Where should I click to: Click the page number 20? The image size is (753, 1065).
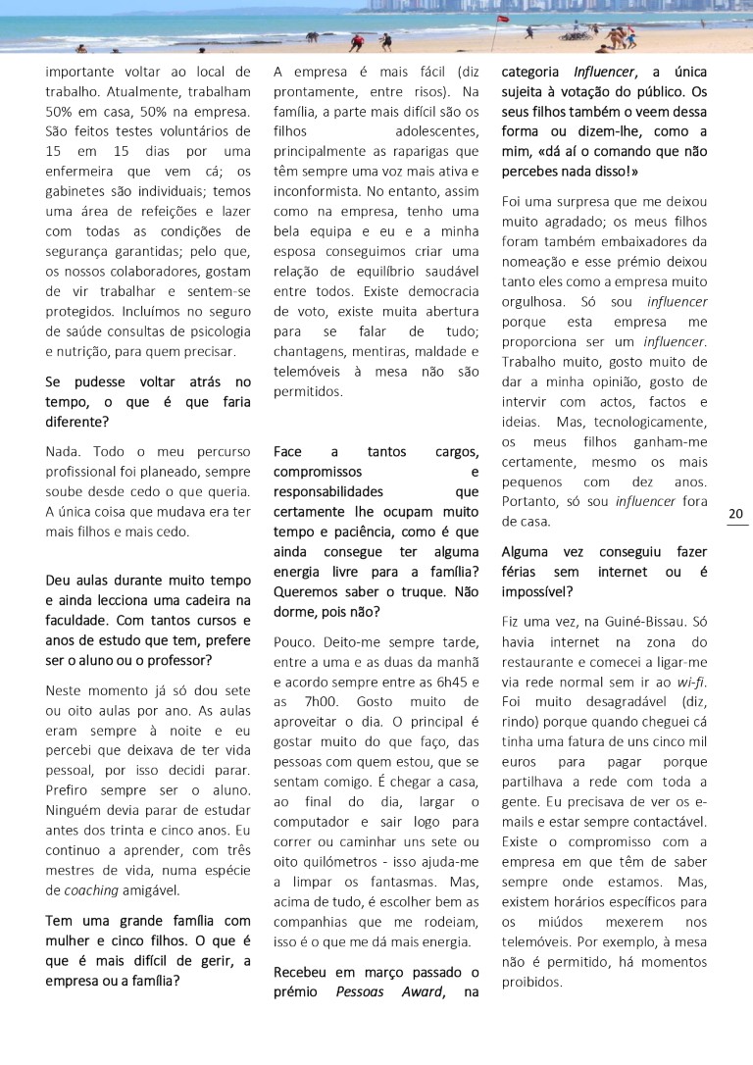736,514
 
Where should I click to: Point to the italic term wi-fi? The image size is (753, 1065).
692,681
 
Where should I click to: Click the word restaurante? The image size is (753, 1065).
539,661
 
